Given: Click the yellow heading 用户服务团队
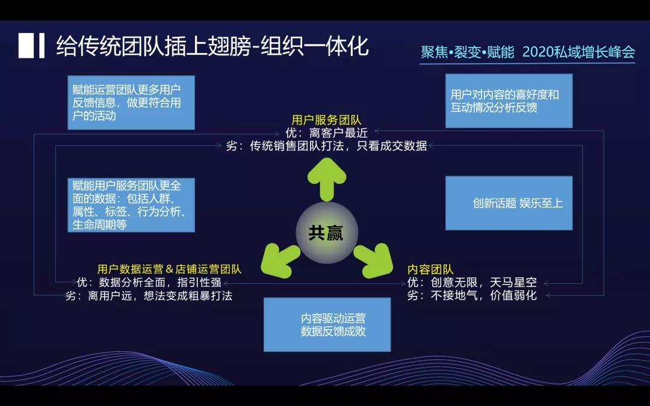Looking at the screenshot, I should pos(326,120).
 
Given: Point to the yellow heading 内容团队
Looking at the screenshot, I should pos(430,269).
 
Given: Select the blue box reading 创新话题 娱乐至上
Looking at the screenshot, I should pos(509,203).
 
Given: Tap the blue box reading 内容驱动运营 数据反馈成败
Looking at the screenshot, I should pos(327,324).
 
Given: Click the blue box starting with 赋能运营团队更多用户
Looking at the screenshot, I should pos(131,102).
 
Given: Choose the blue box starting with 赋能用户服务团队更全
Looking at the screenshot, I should pos(131,205).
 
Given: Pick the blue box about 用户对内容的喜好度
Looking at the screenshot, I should pos(509,101).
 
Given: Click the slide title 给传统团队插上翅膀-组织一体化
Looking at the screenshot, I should pos(212,46).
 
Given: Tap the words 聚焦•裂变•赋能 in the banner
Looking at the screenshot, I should pos(468,52).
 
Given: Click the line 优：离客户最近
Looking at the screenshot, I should pos(326,133).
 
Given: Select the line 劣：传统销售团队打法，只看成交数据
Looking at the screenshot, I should pos(326,146).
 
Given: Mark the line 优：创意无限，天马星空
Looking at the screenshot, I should pos(472,282).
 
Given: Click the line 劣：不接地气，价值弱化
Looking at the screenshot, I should pos(472,295).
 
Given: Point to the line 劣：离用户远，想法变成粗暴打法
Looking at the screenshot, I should pos(149,295).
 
